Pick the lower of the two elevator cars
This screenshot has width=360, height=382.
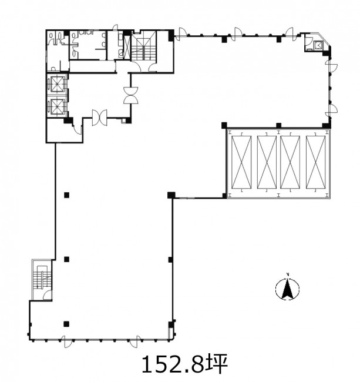[x=57, y=107]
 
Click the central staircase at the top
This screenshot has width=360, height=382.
[x=144, y=46]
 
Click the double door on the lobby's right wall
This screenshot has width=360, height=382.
[x=131, y=95]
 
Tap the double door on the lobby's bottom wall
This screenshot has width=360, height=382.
[x=100, y=118]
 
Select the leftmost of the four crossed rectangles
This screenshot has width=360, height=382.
[x=241, y=162]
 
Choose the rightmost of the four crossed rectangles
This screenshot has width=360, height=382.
[x=316, y=162]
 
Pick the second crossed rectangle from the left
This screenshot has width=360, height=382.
[x=267, y=162]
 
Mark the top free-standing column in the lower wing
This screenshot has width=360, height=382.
[x=66, y=195]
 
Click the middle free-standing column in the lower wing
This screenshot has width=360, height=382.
[x=66, y=259]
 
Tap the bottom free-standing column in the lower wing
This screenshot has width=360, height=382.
[x=66, y=324]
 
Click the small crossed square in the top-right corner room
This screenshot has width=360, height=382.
[x=318, y=45]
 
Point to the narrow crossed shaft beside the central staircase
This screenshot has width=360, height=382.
[x=127, y=47]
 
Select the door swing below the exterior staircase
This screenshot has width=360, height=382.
[x=48, y=295]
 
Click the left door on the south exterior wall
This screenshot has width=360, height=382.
[x=66, y=341]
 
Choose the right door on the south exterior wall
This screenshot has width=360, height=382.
[x=134, y=341]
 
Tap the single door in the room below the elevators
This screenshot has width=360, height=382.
[x=78, y=128]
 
